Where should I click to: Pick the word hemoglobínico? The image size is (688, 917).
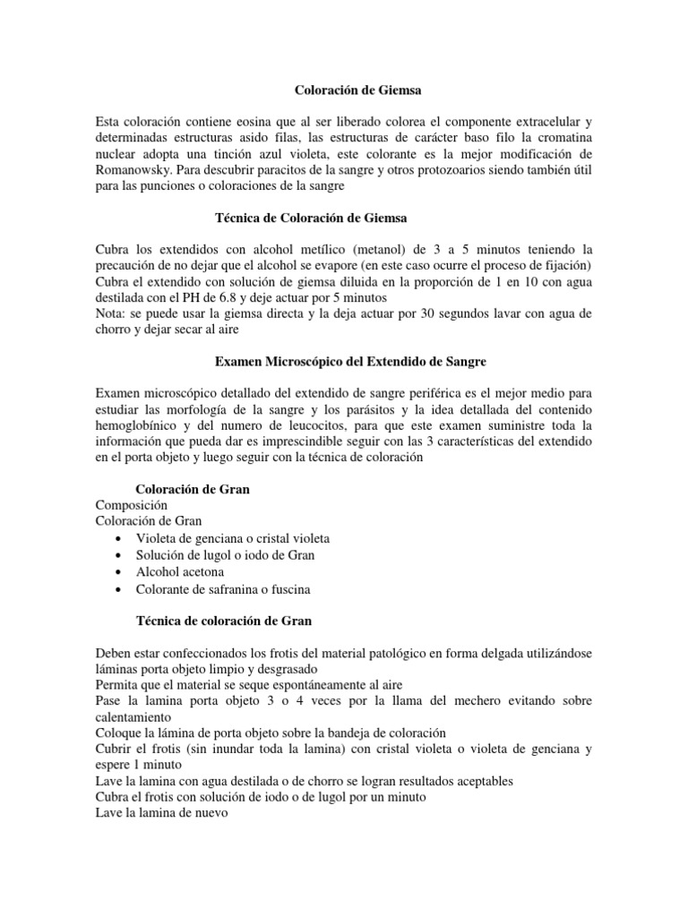135,427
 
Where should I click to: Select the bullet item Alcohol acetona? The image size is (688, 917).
180,571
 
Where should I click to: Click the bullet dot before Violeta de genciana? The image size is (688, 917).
119,539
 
